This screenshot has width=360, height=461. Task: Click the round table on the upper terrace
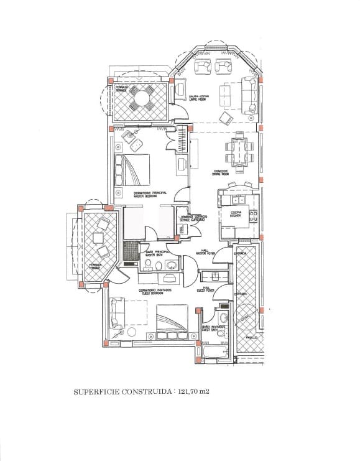point(141,98)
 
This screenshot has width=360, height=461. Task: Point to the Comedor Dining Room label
point(222,173)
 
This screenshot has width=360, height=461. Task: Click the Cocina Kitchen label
point(236,214)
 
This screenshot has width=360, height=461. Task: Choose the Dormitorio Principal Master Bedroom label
point(150,194)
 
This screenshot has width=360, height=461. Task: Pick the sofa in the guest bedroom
point(114,314)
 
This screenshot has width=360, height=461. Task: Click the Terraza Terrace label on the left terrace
point(95,266)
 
